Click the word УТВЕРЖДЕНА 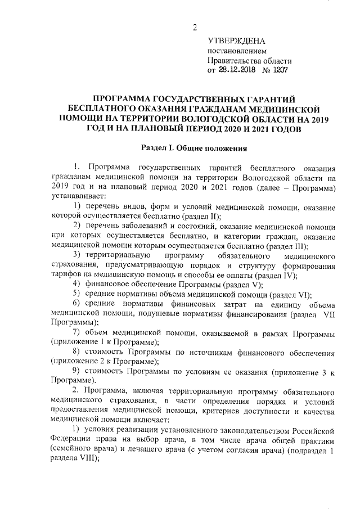tap(236, 42)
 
